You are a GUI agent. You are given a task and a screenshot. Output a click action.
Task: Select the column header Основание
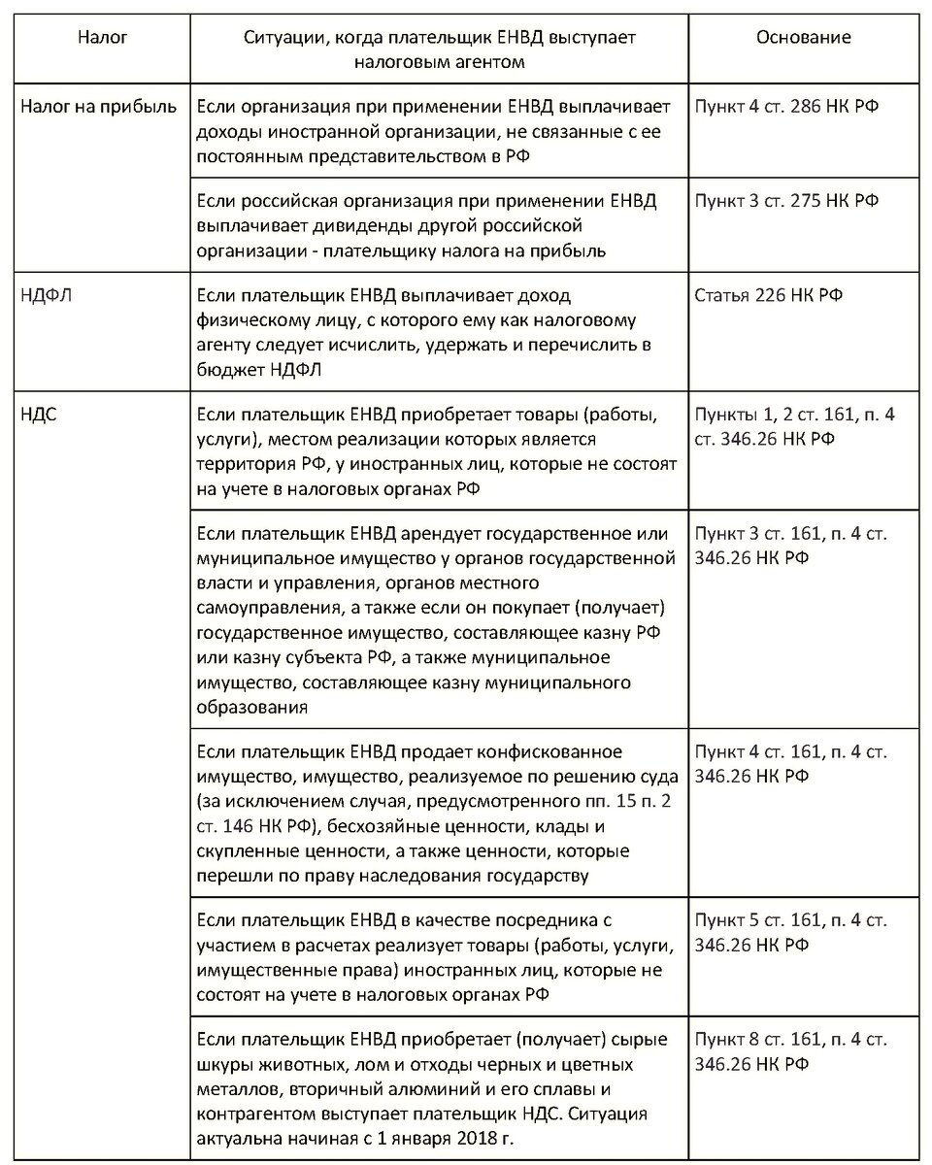[x=803, y=38]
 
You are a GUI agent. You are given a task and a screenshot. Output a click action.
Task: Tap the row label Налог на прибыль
[x=99, y=106]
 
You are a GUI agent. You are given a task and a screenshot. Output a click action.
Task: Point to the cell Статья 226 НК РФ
[x=769, y=295]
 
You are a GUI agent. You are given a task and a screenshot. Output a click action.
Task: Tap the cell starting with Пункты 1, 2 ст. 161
[x=795, y=427]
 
